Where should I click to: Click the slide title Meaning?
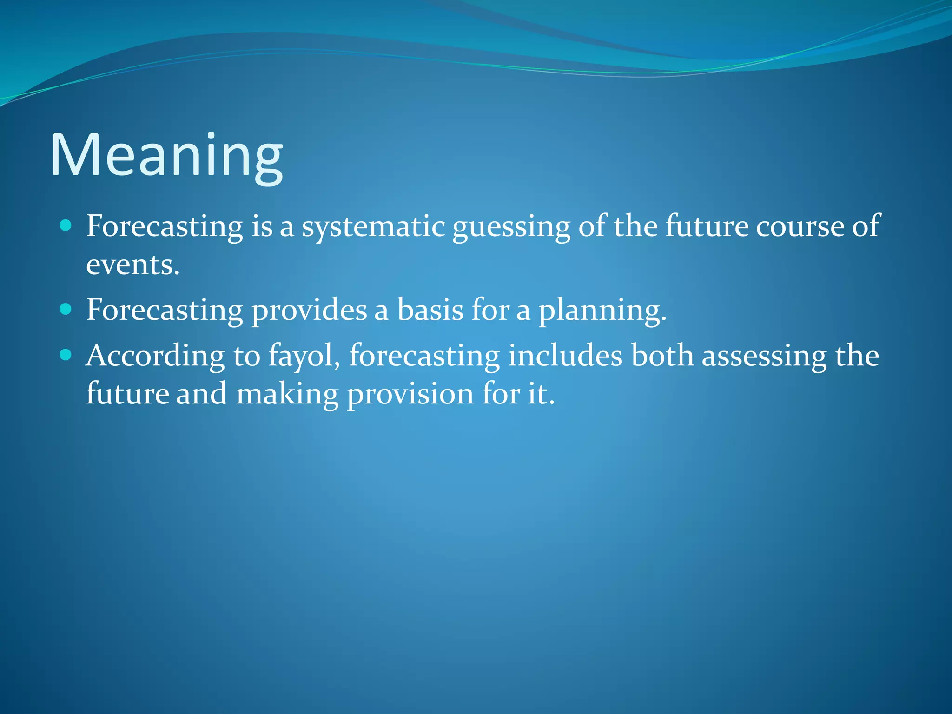[x=166, y=156]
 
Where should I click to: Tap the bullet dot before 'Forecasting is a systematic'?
[x=66, y=226]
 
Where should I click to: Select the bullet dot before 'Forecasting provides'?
[x=66, y=310]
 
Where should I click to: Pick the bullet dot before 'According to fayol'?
[x=66, y=356]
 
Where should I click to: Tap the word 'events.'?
[x=133, y=265]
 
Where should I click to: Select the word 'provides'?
[x=309, y=311]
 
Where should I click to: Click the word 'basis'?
[x=430, y=310]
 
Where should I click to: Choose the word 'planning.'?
[x=602, y=311]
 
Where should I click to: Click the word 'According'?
[x=155, y=357]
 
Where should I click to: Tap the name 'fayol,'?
[x=304, y=357]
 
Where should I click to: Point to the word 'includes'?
[x=565, y=356]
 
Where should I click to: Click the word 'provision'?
[x=410, y=395]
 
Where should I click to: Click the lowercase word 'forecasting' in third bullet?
[x=424, y=357]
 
